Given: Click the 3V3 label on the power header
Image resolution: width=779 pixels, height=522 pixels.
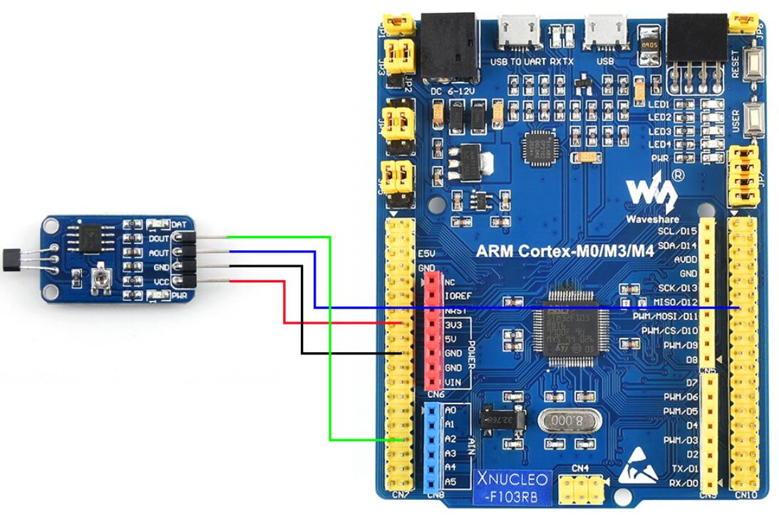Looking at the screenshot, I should click(x=453, y=324).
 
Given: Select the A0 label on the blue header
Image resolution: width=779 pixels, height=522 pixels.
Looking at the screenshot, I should click(x=450, y=410).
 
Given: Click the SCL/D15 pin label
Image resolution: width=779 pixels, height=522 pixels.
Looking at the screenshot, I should click(x=677, y=231).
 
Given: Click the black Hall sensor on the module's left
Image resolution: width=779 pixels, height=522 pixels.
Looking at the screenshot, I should click(x=15, y=257).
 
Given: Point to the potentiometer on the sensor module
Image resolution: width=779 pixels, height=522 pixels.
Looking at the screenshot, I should click(x=102, y=280).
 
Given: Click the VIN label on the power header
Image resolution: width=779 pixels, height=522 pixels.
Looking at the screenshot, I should click(x=453, y=382).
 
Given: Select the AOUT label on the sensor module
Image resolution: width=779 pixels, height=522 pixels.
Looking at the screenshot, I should click(x=159, y=253).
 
